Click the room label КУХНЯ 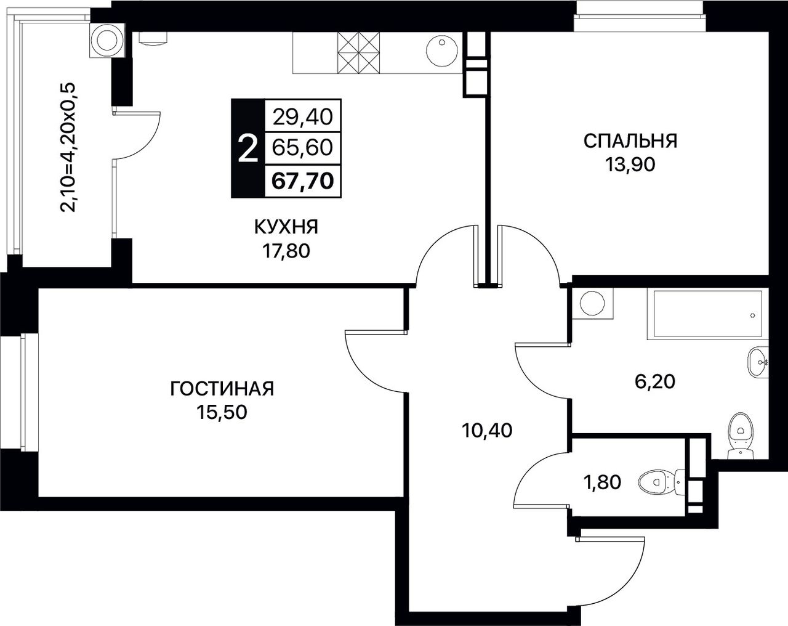point(286,227)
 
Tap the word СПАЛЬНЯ point(630,141)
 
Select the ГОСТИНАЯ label point(222,389)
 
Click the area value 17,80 point(286,251)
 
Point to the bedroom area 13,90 point(630,165)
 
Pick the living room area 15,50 point(222,412)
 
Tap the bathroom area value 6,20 point(654,382)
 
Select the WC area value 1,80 point(602,482)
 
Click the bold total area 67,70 point(303,181)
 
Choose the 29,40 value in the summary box point(303,117)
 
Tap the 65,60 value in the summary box point(303,148)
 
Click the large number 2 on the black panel point(248,148)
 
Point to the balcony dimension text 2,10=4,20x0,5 point(68,147)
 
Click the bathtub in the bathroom point(705,314)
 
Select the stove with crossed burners point(358,53)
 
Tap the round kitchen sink point(442,52)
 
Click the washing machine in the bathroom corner point(593,304)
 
